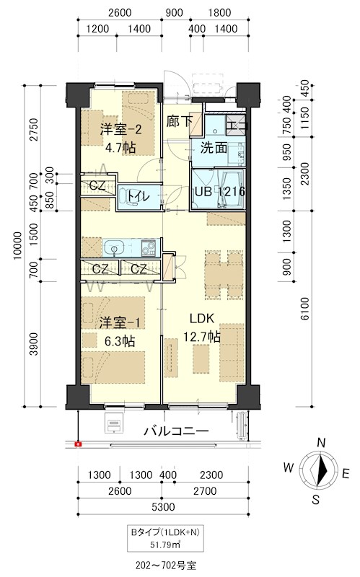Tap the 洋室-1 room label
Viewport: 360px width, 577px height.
[120, 323]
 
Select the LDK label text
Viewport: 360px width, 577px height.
[202, 318]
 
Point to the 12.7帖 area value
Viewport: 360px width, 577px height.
[202, 336]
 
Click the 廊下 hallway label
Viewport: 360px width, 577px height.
[179, 121]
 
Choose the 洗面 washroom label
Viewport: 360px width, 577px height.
[214, 148]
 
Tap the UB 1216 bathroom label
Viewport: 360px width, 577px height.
[220, 191]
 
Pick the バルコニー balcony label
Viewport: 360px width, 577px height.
[176, 431]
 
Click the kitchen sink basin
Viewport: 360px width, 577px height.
[114, 248]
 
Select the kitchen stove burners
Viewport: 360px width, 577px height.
[149, 247]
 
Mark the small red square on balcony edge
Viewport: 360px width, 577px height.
[78, 444]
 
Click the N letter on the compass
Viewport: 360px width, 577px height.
[321, 443]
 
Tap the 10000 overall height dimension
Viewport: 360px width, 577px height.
[17, 246]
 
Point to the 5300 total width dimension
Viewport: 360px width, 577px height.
[163, 507]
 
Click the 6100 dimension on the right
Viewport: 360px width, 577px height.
[305, 309]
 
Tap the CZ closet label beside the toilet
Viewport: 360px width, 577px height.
[97, 185]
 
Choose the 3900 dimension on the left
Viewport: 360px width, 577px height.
[33, 344]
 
